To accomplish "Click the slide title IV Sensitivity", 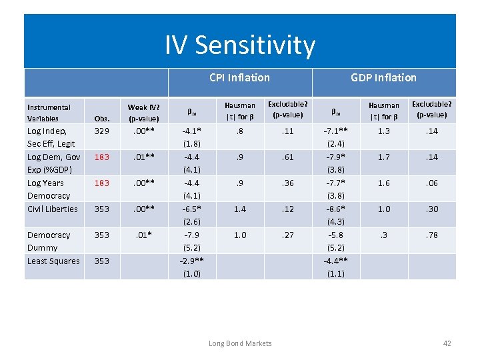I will (x=240, y=45).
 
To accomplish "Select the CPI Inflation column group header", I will (x=239, y=77).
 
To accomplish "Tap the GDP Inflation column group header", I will (x=383, y=77).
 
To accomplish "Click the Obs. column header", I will (x=101, y=118).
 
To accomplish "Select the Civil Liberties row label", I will (x=53, y=209).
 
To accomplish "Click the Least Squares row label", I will (x=53, y=261).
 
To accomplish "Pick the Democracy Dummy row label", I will (x=49, y=241).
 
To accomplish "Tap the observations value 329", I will (x=101, y=131).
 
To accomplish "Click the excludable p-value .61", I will (x=287, y=157).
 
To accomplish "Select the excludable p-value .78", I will (x=432, y=235).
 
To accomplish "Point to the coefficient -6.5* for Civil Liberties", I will (x=191, y=209).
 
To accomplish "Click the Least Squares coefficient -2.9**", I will (x=191, y=261).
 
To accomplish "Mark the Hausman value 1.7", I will (x=384, y=157).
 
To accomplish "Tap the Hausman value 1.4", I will (x=239, y=209).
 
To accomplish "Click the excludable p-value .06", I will (x=432, y=183).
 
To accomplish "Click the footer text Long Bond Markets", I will (x=240, y=343).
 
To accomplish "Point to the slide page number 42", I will (x=447, y=343).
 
